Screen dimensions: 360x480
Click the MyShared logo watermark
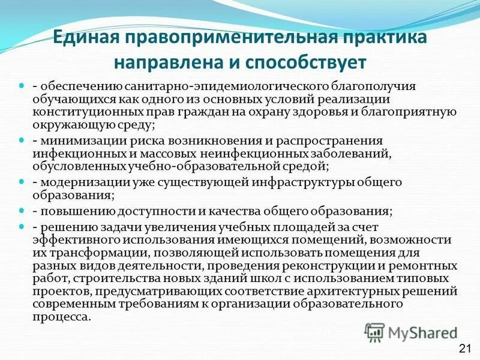pos(412,332)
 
